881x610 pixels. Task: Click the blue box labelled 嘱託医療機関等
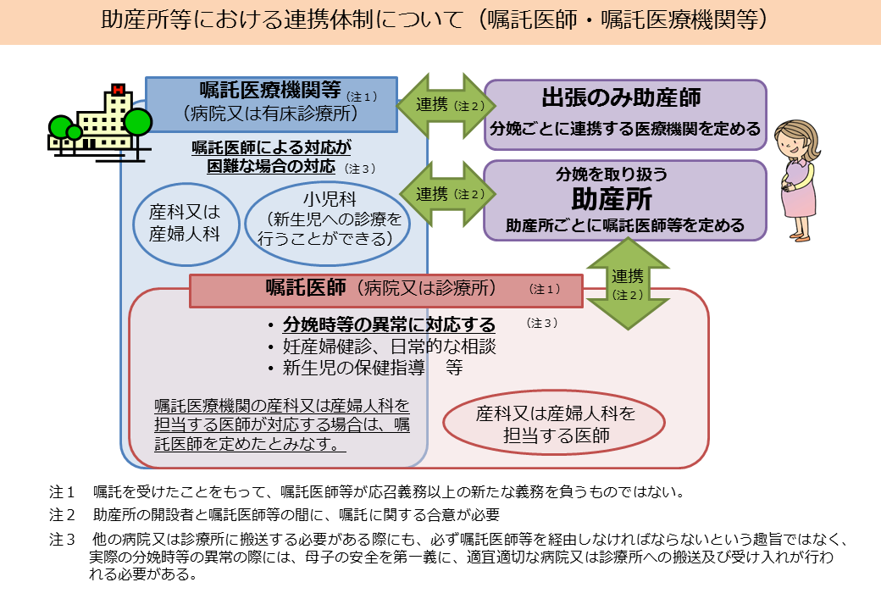click(272, 103)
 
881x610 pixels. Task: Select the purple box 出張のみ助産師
click(624, 114)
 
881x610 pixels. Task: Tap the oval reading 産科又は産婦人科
click(185, 223)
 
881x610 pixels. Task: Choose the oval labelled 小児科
click(327, 220)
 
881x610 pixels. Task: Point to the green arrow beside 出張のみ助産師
click(440, 106)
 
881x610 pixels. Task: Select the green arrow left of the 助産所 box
click(440, 194)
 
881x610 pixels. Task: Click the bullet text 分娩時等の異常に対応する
click(389, 325)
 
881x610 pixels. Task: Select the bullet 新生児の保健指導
click(363, 368)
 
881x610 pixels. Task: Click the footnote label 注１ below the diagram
click(63, 491)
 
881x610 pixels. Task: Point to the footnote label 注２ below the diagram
click(63, 514)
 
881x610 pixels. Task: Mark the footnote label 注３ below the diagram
click(63, 539)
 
